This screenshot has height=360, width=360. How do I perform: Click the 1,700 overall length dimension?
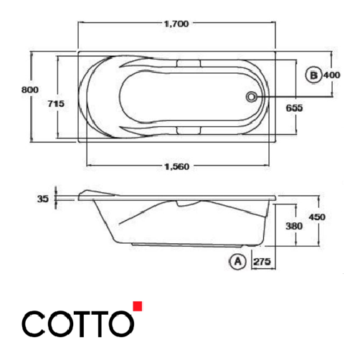(x=176, y=24)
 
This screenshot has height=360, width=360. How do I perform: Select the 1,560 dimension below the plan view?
(x=176, y=166)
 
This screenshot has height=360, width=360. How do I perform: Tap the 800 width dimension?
(x=29, y=90)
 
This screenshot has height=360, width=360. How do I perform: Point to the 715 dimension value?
(x=56, y=104)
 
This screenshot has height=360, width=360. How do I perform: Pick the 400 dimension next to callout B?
(x=331, y=75)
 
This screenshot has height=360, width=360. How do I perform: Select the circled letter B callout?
(x=312, y=75)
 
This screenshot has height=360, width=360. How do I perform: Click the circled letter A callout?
(x=237, y=262)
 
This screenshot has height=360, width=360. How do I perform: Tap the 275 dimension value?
(x=260, y=262)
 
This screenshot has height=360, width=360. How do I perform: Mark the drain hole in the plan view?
(x=252, y=95)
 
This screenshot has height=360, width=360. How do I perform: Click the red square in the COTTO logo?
(x=138, y=306)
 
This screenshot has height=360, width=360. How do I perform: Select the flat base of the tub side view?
(x=172, y=246)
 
